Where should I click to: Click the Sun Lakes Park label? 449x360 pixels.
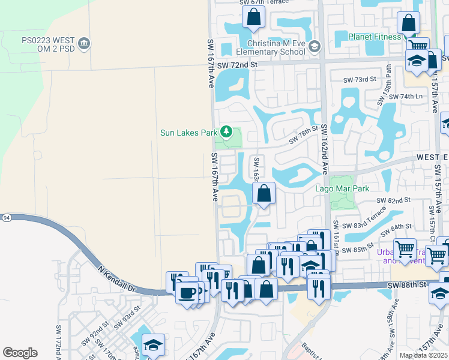pyautogui.click(x=188, y=133)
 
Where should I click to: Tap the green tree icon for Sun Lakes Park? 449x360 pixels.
pyautogui.click(x=226, y=131)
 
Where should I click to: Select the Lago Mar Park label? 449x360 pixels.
pyautogui.click(x=342, y=188)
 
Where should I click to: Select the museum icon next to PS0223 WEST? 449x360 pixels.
pyautogui.click(x=85, y=43)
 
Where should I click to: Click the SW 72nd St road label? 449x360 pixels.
pyautogui.click(x=237, y=64)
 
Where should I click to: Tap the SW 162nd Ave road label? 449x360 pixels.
pyautogui.click(x=324, y=149)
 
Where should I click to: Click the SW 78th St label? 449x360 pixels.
pyautogui.click(x=303, y=139)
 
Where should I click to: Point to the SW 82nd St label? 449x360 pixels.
pyautogui.click(x=393, y=200)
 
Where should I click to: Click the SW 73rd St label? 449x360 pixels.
pyautogui.click(x=360, y=79)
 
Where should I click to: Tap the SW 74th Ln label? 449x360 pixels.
pyautogui.click(x=406, y=97)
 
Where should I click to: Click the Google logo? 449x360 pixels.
pyautogui.click(x=20, y=353)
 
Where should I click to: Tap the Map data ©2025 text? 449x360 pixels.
pyautogui.click(x=423, y=355)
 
